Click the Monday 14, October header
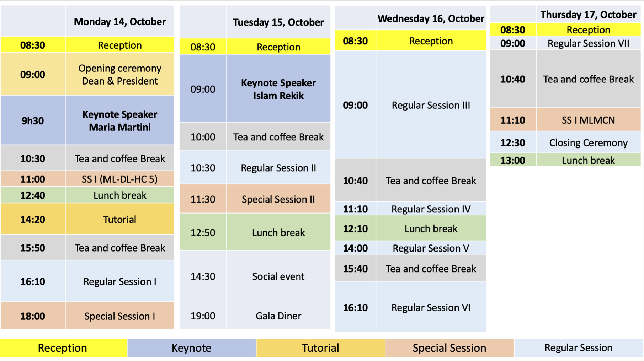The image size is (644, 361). (x=120, y=22)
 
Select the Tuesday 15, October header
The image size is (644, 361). (x=278, y=22)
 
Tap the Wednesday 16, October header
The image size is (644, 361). (x=431, y=18)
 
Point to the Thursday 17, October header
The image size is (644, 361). (x=589, y=15)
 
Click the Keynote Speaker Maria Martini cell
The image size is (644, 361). (x=120, y=120)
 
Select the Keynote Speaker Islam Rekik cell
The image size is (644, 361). (x=278, y=89)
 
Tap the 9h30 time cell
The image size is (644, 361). (x=33, y=121)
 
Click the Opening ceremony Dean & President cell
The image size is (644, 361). (x=120, y=74)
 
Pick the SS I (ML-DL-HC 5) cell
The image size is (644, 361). (x=120, y=179)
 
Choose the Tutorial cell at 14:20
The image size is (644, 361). (x=120, y=219)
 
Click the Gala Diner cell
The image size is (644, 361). (x=278, y=316)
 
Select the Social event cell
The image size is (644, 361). (x=278, y=276)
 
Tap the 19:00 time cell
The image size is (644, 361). (x=203, y=316)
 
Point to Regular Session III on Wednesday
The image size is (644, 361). (x=431, y=105)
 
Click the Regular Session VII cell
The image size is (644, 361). (x=589, y=43)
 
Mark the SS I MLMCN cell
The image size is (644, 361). (x=589, y=120)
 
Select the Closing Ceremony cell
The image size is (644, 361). (x=589, y=142)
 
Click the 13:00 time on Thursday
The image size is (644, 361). (x=513, y=160)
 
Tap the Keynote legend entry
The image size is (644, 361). (x=192, y=348)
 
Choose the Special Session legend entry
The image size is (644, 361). (x=449, y=348)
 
